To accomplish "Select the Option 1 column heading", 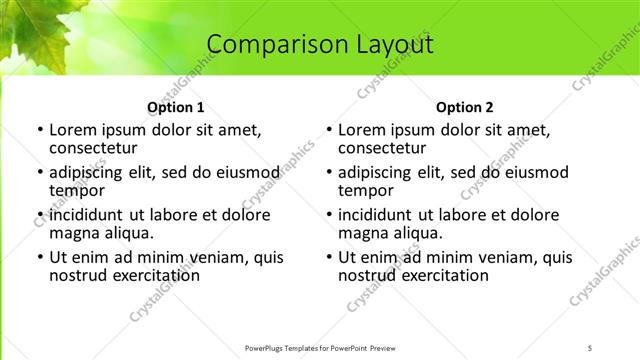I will tap(176, 107).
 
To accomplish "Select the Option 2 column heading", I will tap(465, 107).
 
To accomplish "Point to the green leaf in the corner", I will tap(30, 30).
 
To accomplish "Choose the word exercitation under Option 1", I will tap(146, 274).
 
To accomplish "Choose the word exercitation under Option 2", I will tap(435, 274).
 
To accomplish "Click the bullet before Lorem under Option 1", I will tap(39, 130).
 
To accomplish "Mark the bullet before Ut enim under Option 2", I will tap(328, 257).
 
